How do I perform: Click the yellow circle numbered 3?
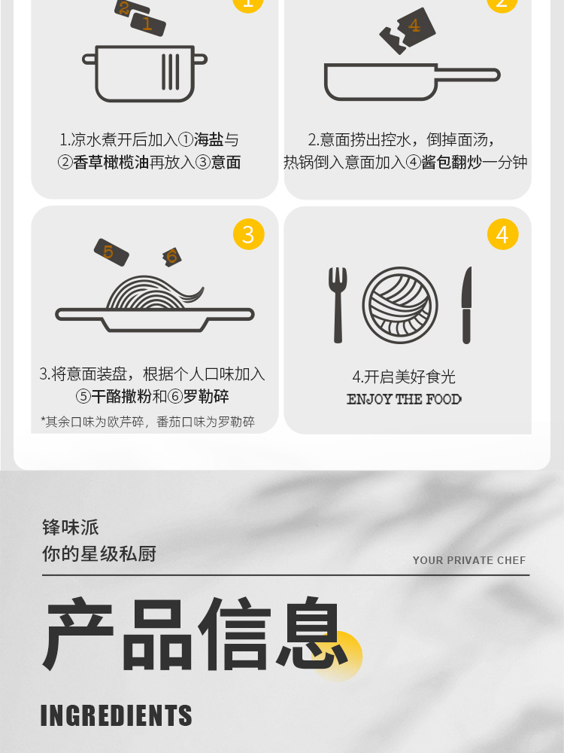(x=248, y=234)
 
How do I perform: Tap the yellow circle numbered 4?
(x=502, y=234)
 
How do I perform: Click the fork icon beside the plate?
(x=338, y=304)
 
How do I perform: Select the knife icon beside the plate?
(x=467, y=306)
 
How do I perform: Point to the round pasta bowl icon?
(x=400, y=306)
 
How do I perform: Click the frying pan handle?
(x=468, y=75)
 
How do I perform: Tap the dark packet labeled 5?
(x=111, y=252)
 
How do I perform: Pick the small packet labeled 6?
(x=171, y=257)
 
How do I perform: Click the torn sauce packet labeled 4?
(x=408, y=30)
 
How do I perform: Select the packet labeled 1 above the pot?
(x=148, y=25)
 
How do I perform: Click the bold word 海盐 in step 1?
(x=208, y=140)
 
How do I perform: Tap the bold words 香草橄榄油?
(x=111, y=163)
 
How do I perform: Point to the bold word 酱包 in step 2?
(x=436, y=163)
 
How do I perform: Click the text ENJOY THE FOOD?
(x=404, y=400)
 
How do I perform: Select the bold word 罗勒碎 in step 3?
(x=206, y=397)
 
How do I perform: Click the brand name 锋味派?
(x=71, y=527)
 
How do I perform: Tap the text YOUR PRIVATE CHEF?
(x=469, y=560)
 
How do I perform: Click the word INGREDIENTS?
(x=116, y=715)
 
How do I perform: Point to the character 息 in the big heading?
(x=312, y=633)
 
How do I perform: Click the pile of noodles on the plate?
(x=154, y=293)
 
